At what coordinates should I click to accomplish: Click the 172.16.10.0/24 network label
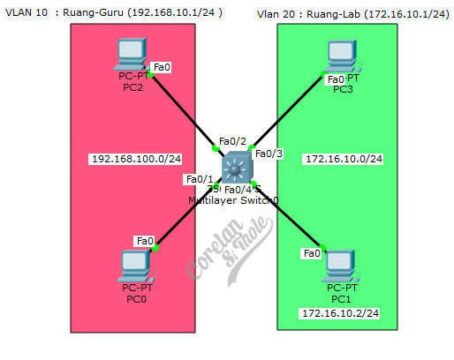(x=343, y=160)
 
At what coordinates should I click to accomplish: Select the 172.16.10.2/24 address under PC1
(x=340, y=313)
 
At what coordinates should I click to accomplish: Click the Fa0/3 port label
(x=269, y=154)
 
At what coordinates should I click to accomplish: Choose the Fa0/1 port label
(x=198, y=179)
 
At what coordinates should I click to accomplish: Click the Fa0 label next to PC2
(x=162, y=67)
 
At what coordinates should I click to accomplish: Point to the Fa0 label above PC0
(x=144, y=240)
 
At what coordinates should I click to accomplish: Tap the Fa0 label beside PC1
(x=312, y=254)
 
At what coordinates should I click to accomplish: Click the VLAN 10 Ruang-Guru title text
(x=113, y=13)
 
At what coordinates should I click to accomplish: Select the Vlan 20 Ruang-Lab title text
(x=352, y=15)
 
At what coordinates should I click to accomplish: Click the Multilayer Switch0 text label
(x=233, y=201)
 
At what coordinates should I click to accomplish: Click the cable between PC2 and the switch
(x=184, y=109)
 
